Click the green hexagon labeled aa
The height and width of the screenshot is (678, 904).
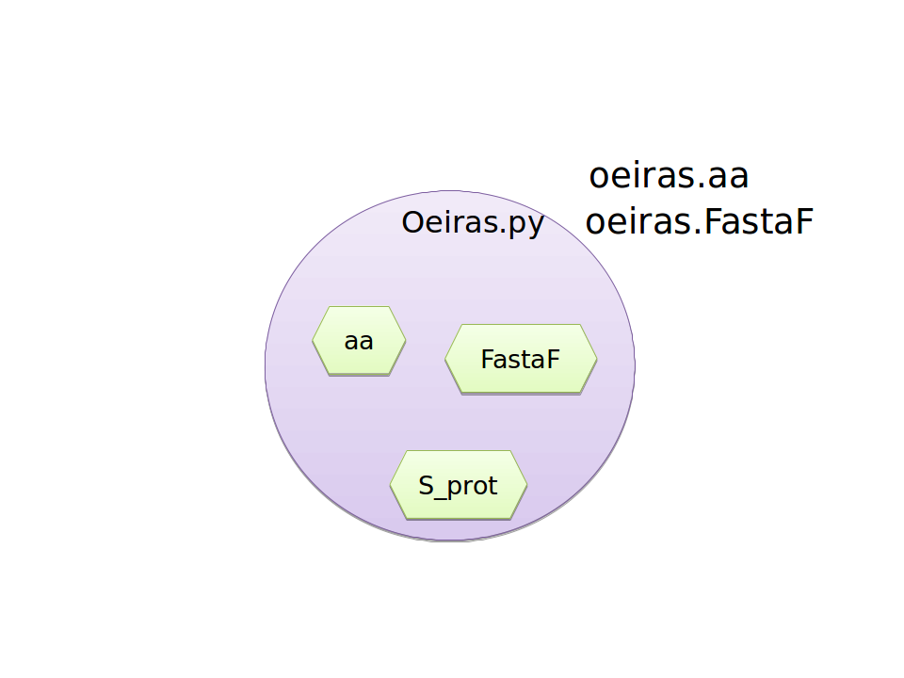(359, 341)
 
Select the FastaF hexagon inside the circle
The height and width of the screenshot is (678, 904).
(521, 359)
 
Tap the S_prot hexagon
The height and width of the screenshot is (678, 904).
(459, 486)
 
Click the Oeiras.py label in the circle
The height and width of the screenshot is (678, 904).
(473, 223)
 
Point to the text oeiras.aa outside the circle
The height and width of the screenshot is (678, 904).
(669, 176)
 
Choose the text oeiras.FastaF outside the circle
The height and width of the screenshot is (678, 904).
(700, 221)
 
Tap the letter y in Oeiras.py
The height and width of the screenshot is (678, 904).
(536, 226)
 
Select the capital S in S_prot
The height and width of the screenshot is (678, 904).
(426, 486)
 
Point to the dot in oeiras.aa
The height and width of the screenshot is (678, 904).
(701, 186)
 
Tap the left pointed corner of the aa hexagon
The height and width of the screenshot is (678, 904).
(313, 341)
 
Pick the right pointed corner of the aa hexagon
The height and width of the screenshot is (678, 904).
(406, 341)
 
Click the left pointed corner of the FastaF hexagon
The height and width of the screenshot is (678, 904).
(445, 359)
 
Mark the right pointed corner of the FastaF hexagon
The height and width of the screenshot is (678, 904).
(597, 359)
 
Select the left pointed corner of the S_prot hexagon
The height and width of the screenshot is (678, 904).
(390, 485)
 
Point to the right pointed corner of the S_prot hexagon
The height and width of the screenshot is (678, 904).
(527, 485)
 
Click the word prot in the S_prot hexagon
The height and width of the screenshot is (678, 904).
(472, 488)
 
